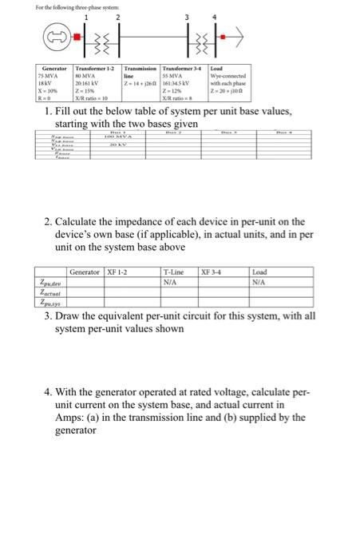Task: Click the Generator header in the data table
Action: click(x=54, y=70)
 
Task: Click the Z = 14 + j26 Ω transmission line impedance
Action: click(x=137, y=84)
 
